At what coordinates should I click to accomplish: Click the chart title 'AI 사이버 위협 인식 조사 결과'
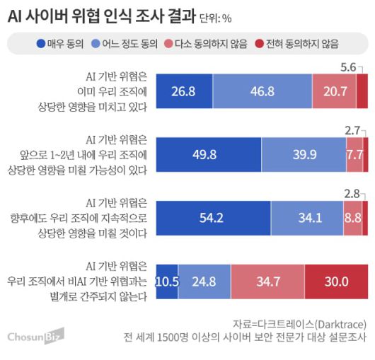(98, 16)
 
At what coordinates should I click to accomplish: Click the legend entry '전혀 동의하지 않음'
(298, 44)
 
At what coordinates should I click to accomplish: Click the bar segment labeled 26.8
(182, 91)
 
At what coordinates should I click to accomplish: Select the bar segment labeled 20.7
(334, 91)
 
